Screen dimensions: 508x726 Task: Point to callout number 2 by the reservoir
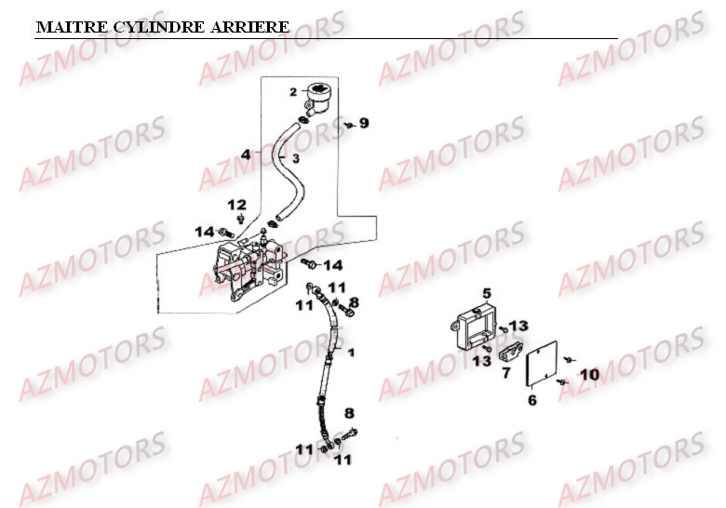point(292,91)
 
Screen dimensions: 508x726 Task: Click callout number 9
point(364,123)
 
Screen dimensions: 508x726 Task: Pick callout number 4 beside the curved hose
point(246,154)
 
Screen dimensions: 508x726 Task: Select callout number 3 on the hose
point(294,159)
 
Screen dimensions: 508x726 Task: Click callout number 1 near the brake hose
point(351,353)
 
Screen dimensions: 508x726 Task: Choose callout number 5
point(486,294)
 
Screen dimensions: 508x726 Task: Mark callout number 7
point(505,373)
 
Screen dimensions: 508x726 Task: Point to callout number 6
point(532,401)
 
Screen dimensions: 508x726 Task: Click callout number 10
point(589,374)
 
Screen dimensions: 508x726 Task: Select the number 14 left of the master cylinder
point(204,231)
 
